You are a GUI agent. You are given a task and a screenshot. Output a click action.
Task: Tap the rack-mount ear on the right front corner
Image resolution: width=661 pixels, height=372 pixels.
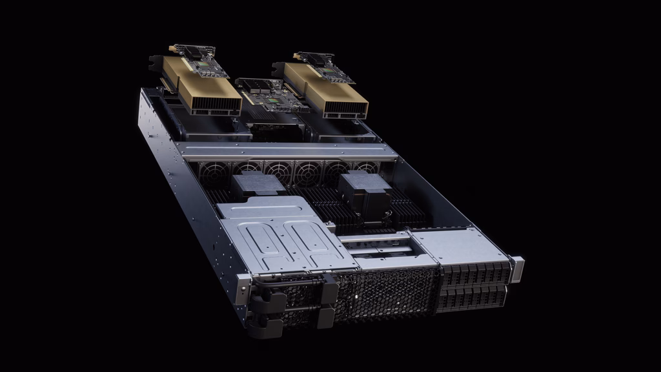[x=516, y=268]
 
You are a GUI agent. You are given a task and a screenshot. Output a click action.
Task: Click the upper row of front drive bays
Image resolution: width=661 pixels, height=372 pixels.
[x=474, y=274]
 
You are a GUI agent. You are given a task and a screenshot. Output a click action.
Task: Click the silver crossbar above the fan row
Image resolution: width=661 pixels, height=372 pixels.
[x=284, y=152]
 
